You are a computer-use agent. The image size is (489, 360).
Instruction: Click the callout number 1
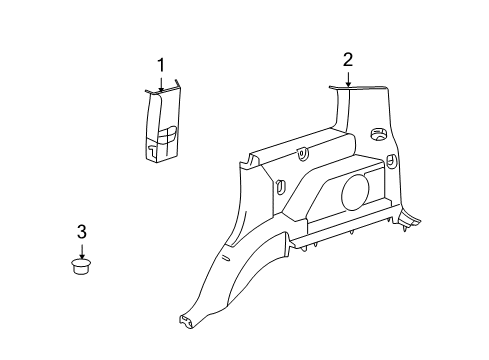[161, 65]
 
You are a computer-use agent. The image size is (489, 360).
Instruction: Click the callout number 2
[348, 60]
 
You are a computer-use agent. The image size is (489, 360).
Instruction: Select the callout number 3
[82, 232]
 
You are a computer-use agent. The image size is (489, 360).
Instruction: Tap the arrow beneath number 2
[348, 79]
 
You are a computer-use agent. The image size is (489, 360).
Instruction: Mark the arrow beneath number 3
[82, 252]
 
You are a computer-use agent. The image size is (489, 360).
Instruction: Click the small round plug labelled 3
[81, 266]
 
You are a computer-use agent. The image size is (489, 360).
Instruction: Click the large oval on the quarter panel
[355, 193]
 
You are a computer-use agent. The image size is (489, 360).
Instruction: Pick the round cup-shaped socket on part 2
[379, 134]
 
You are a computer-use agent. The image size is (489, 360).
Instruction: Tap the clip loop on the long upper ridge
[302, 154]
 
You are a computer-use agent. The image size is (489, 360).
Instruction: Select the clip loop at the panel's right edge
[392, 160]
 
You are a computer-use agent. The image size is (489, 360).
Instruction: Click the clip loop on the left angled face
[280, 187]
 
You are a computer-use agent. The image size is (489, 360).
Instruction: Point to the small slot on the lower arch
[226, 258]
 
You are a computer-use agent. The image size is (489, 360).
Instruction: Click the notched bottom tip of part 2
[187, 322]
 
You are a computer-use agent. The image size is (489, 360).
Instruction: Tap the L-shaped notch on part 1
[151, 151]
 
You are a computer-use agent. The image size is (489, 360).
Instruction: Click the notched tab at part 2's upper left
[249, 161]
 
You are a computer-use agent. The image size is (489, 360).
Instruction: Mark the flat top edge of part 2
[359, 88]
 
